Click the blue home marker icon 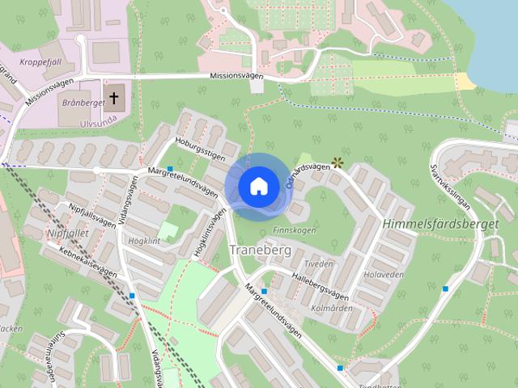tap(257, 186)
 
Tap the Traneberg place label tap(261, 250)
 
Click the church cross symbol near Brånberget tap(114, 99)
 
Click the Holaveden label tap(384, 274)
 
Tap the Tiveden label tap(319, 264)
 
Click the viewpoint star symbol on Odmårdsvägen tap(338, 162)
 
